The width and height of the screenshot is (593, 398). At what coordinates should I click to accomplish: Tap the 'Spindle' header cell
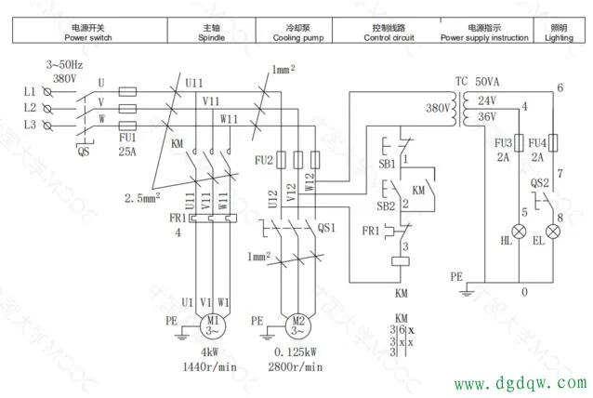pyautogui.click(x=212, y=33)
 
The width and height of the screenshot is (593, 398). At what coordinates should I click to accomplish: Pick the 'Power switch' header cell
pyautogui.click(x=88, y=33)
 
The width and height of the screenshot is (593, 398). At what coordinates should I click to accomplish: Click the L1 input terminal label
pyautogui.click(x=30, y=92)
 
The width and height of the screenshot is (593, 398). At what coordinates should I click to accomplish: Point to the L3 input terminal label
pyautogui.click(x=30, y=124)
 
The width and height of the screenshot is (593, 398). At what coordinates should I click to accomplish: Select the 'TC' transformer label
pyautogui.click(x=461, y=82)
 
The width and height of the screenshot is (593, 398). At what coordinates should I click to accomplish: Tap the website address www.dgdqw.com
pyautogui.click(x=520, y=382)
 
